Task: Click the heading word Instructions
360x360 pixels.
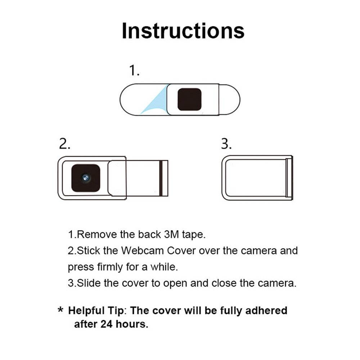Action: [183, 31]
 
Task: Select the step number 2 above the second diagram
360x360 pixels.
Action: [64, 144]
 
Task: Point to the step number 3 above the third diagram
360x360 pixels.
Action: [226, 144]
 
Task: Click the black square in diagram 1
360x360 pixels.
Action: [189, 99]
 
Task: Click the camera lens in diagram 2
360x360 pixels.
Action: [85, 177]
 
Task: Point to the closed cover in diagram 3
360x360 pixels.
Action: [257, 178]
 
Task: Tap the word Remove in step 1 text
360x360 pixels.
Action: [97, 234]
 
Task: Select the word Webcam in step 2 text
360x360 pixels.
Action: [141, 251]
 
